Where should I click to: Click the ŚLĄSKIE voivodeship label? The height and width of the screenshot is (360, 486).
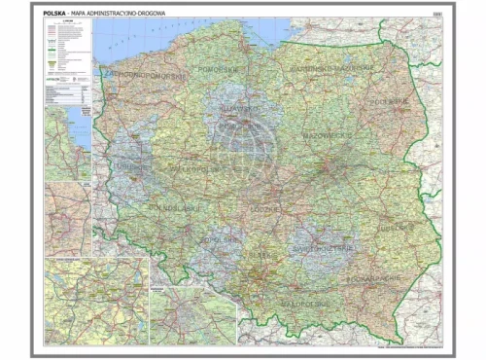click(x=260, y=255)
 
